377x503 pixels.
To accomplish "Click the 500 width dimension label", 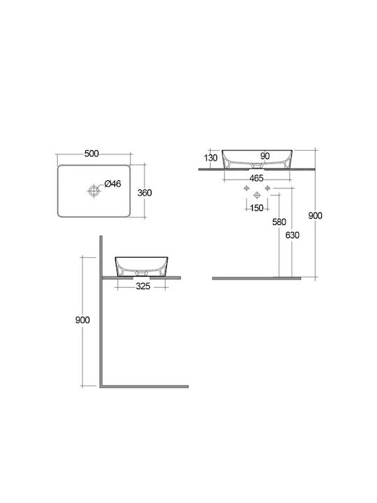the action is (x=91, y=154).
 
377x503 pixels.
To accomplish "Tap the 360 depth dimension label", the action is (x=145, y=193).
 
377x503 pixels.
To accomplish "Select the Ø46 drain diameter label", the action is (x=113, y=184).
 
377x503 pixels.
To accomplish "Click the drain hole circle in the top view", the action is (x=94, y=191).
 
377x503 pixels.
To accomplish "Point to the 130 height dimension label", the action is (x=210, y=158).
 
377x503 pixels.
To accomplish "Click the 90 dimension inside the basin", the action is (x=265, y=156).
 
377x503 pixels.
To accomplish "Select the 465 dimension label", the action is (x=256, y=178).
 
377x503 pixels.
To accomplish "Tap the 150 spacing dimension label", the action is (x=256, y=208).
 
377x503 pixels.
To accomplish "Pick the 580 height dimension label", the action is (x=279, y=222).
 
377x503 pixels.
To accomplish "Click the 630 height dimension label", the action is (x=292, y=235).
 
